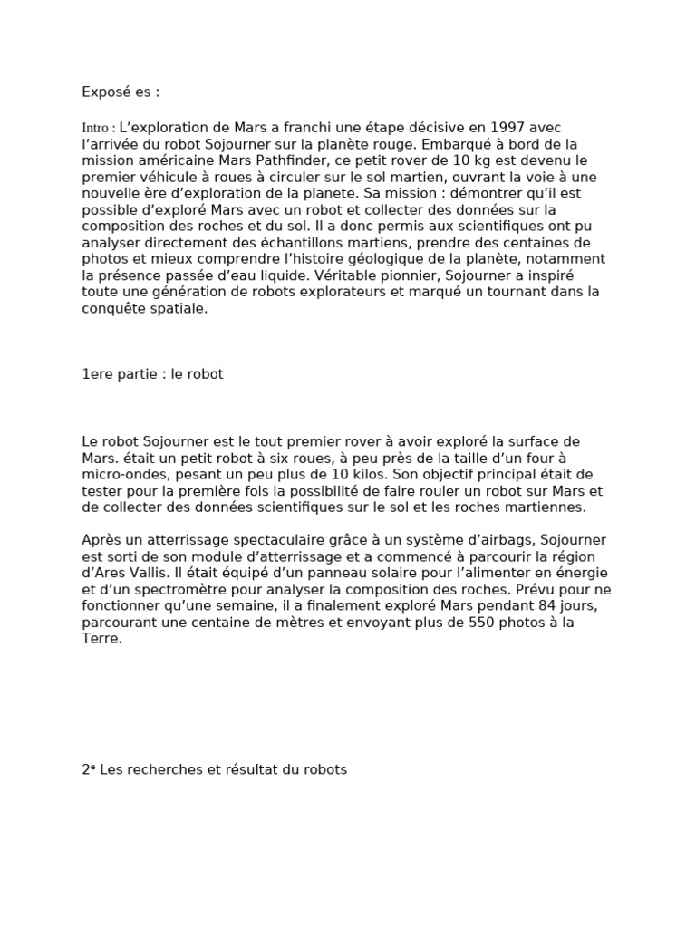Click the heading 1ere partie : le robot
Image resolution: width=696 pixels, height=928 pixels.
pyautogui.click(x=152, y=374)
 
